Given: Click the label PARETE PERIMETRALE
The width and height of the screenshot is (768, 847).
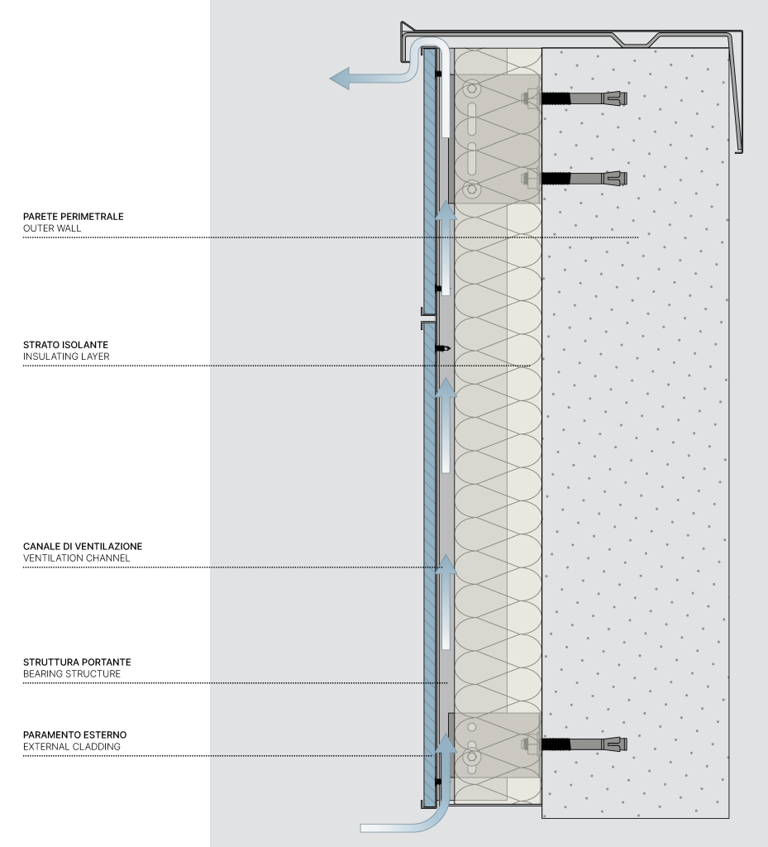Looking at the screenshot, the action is (x=74, y=217).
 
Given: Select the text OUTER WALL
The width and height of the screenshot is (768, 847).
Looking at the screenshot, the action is (x=52, y=228).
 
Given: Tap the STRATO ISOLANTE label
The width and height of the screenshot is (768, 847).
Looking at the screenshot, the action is (x=65, y=345).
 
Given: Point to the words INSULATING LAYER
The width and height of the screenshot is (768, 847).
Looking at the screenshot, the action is (x=66, y=357).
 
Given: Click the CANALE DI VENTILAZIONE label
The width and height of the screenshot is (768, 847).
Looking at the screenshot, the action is (x=83, y=546).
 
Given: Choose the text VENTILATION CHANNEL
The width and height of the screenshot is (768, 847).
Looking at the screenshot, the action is (x=77, y=558).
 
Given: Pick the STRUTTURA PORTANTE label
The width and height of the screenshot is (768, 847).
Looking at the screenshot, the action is (x=77, y=662).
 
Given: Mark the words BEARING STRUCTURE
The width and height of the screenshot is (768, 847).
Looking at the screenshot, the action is (x=72, y=673).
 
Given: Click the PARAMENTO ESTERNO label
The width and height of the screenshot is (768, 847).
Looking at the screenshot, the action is (x=75, y=735).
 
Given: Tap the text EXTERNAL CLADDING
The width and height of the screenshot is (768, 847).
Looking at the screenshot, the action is (x=72, y=747).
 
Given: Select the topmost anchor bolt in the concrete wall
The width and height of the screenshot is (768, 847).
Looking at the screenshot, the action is (x=584, y=98).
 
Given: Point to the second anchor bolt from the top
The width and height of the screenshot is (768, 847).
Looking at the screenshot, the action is (x=584, y=179).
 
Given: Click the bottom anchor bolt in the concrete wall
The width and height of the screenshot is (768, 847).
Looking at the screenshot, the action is (x=584, y=744).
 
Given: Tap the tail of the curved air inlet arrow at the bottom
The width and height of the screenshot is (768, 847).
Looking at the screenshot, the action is (x=361, y=828).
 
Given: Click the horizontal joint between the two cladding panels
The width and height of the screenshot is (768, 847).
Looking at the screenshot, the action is (x=428, y=318).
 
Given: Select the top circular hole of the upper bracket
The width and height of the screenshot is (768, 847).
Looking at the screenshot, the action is (x=472, y=88).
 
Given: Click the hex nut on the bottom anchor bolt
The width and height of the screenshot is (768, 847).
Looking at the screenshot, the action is (x=527, y=744).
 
